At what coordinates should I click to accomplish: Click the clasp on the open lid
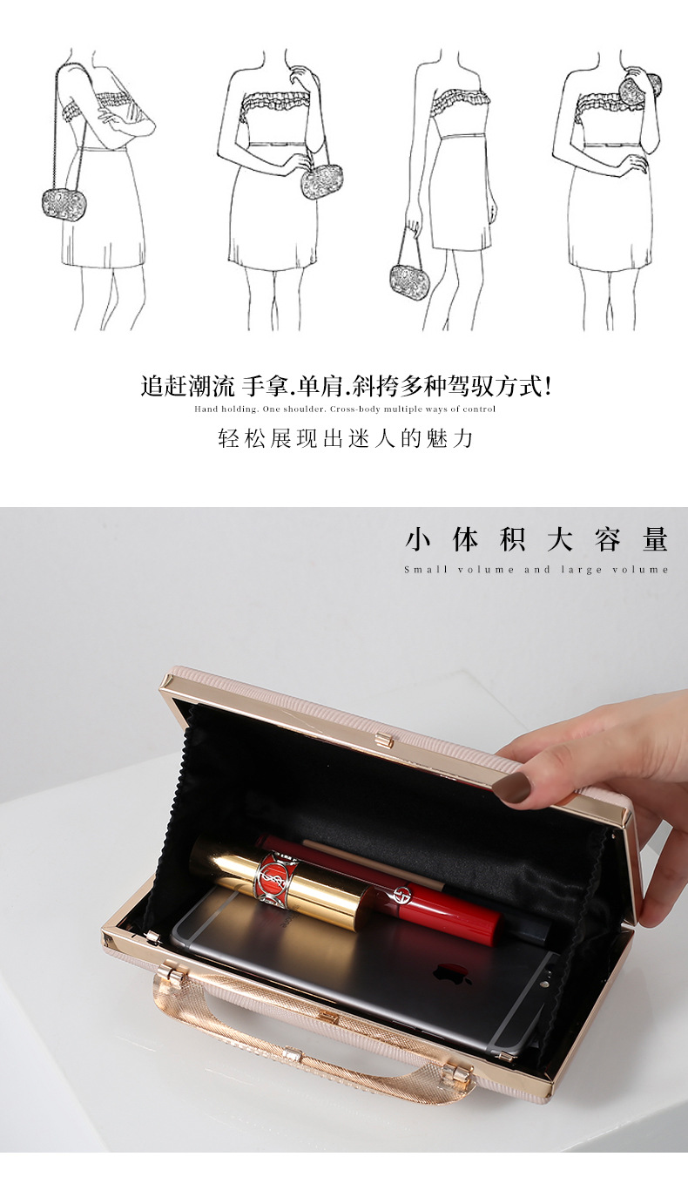[x=383, y=741]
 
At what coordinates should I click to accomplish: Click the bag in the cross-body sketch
[x=64, y=204]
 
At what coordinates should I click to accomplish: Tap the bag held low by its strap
[x=409, y=281]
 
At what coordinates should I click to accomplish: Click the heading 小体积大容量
[x=536, y=539]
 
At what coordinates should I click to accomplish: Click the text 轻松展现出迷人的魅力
[x=345, y=438]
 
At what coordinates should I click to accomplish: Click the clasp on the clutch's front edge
[x=328, y=1015]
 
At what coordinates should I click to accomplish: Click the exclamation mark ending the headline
[x=548, y=386]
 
